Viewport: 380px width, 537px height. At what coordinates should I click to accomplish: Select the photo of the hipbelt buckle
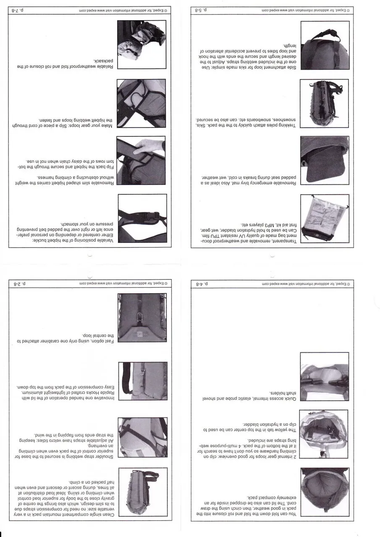click(142, 218)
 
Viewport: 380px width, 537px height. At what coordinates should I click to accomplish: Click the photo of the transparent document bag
click(324, 218)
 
